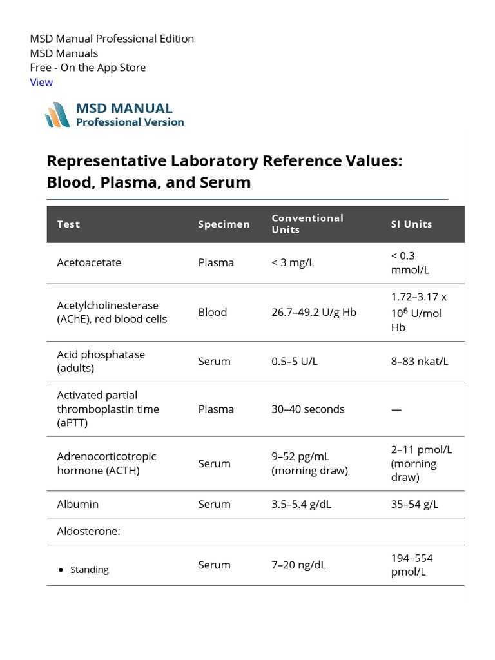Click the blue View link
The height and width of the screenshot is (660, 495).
tap(41, 82)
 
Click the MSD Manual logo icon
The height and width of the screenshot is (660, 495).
tap(57, 115)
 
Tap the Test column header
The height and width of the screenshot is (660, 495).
tap(68, 224)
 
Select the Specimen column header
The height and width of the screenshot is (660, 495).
tap(224, 224)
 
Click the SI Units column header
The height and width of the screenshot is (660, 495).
tap(411, 224)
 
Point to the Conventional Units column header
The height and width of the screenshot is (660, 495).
tap(307, 224)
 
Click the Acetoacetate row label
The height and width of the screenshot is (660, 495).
tap(89, 263)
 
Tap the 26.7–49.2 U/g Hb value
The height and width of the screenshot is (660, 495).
tap(314, 312)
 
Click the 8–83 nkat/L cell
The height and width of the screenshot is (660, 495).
tap(419, 362)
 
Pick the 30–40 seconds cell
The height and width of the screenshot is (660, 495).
tap(308, 409)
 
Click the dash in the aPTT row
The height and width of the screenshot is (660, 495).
tap(396, 409)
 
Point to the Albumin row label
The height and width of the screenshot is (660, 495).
tap(78, 504)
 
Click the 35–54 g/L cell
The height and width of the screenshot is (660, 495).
tap(414, 504)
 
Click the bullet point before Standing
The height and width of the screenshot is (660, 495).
tap(61, 570)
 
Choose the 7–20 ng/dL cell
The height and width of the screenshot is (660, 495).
tap(298, 565)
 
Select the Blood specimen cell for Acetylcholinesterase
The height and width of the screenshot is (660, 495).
tap(213, 312)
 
